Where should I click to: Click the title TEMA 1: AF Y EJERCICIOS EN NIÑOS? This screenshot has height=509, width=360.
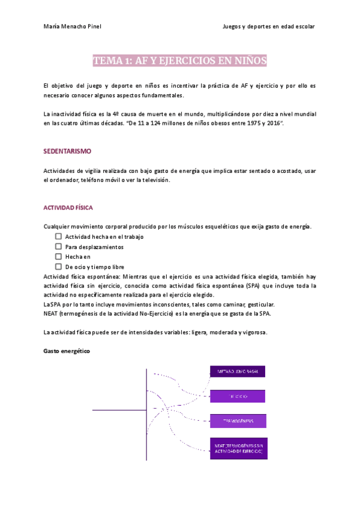(x=180, y=61)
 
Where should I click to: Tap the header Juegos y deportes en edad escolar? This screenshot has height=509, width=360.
(x=268, y=26)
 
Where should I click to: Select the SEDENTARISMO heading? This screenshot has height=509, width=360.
(x=67, y=151)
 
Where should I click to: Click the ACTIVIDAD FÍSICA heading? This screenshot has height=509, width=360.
(x=68, y=208)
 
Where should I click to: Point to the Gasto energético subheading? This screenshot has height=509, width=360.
(x=67, y=351)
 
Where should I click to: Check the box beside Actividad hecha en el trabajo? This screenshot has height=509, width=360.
(x=58, y=236)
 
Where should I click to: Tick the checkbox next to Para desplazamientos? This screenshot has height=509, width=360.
(x=58, y=246)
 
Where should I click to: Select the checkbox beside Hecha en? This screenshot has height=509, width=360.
(x=58, y=256)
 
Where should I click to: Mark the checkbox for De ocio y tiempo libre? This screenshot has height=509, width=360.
(x=58, y=266)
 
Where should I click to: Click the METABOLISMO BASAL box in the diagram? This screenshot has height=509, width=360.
(x=238, y=372)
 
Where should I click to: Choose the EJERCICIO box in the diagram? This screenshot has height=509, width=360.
(x=238, y=396)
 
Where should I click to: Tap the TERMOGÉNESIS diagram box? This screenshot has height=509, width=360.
(x=238, y=421)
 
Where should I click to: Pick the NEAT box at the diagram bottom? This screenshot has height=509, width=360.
(x=238, y=449)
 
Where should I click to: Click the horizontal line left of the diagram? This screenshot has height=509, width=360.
(x=119, y=410)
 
